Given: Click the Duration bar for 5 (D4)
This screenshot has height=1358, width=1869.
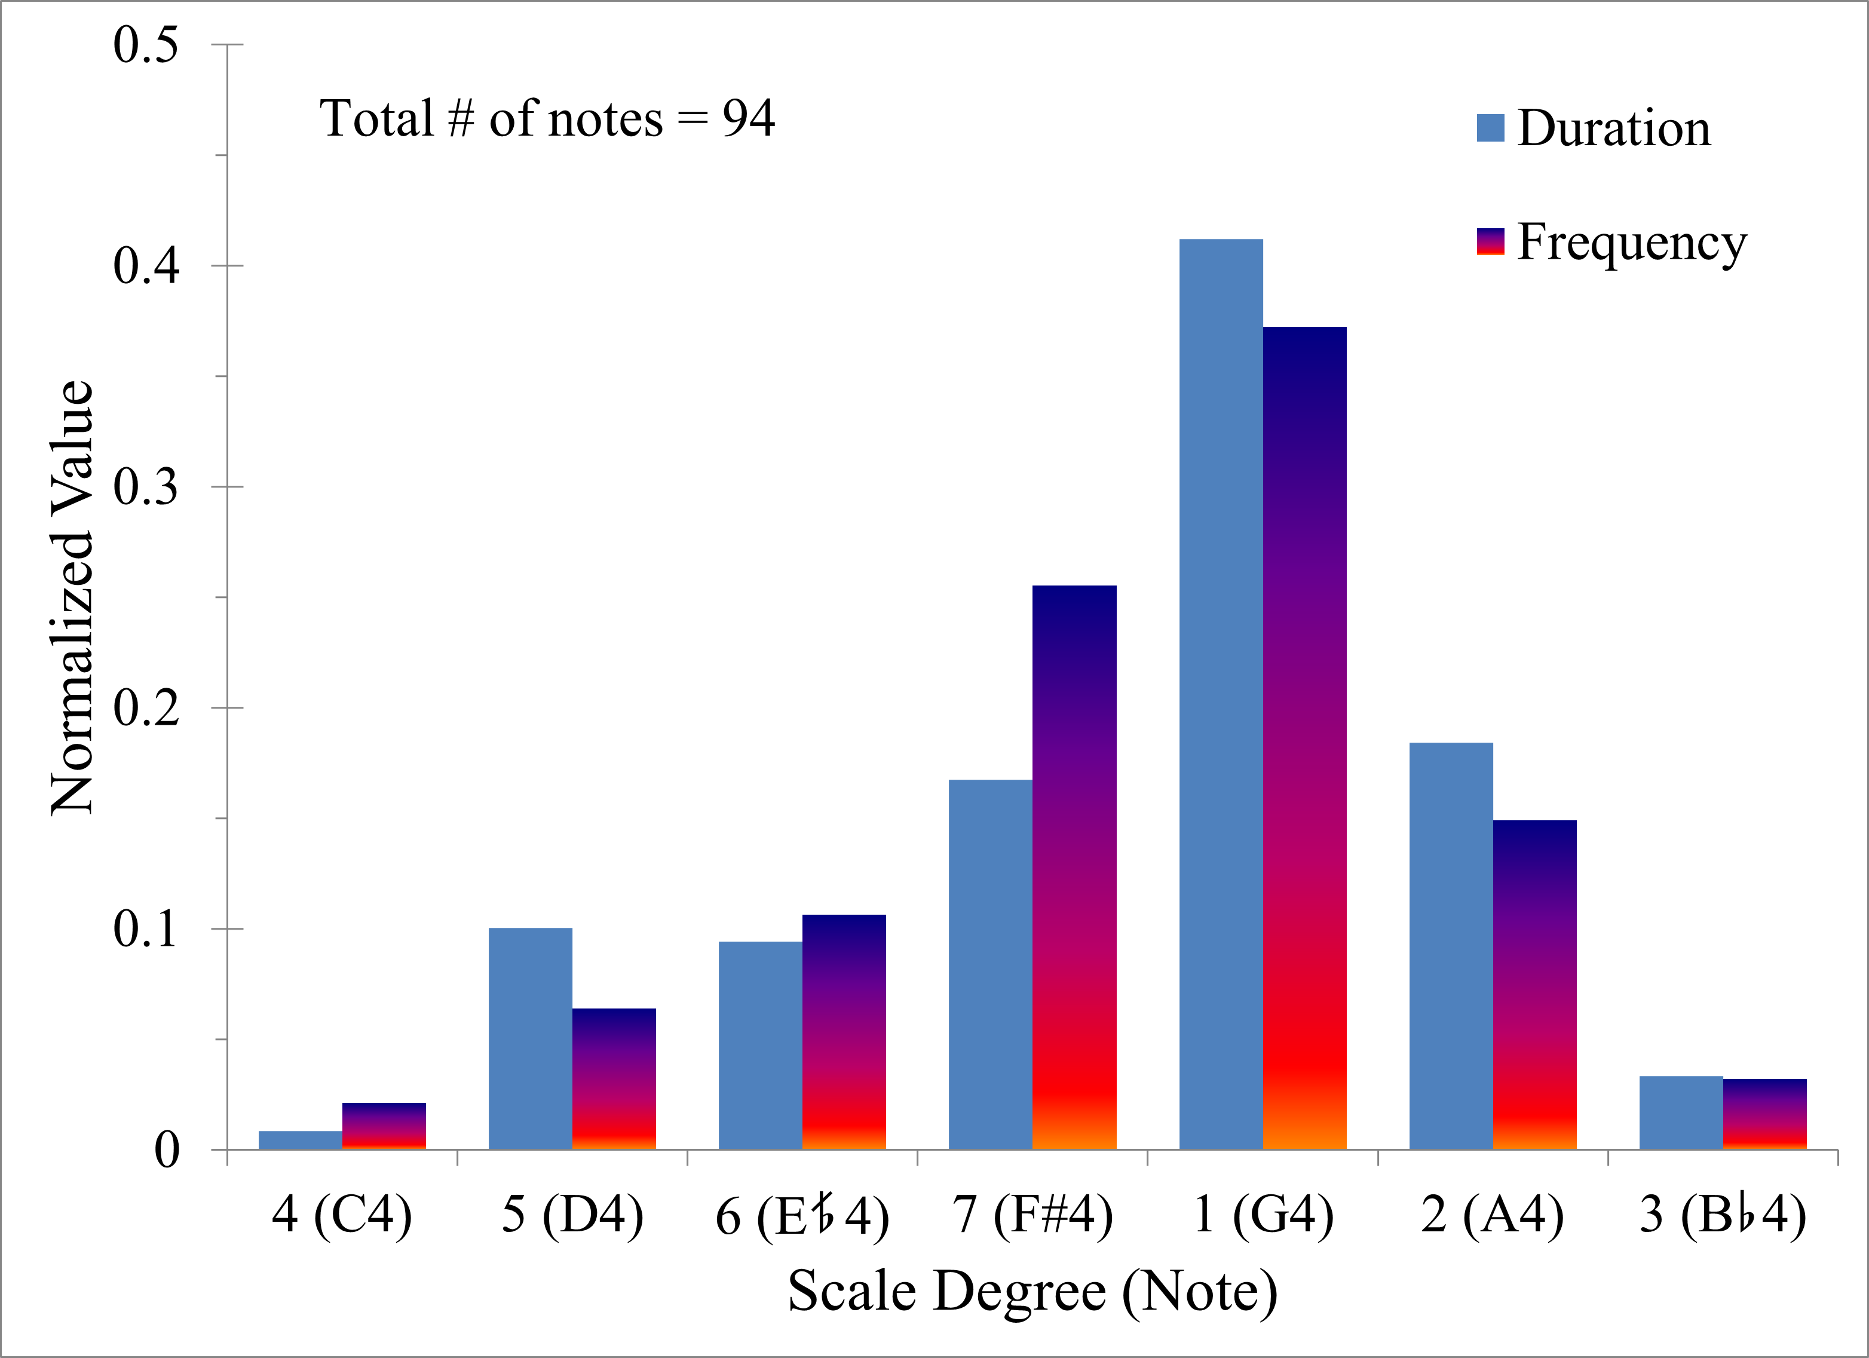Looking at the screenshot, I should point(530,1038).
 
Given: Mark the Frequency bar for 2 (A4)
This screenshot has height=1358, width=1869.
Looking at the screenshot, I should point(1534,985).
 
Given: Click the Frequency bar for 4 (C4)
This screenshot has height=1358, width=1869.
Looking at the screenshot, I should point(384,1126).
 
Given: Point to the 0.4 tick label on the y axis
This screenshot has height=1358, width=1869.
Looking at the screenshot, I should point(146,265).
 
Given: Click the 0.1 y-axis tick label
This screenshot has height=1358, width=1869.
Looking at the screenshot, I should point(146,928).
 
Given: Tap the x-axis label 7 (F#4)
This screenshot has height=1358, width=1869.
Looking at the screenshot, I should point(1032,1215).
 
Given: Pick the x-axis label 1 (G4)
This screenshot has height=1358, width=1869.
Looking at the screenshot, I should point(1263,1215).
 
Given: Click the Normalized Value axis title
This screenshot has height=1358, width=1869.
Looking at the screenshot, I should point(72,597).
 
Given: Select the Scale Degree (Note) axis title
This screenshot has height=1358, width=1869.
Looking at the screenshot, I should point(1032,1291).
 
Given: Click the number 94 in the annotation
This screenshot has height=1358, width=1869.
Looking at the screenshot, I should point(748,119).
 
